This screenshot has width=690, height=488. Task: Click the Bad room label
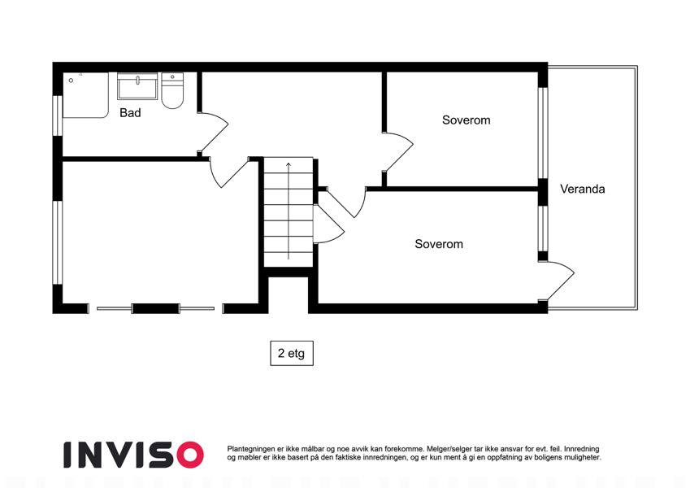click(x=130, y=113)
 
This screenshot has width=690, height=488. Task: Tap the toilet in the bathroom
click(x=172, y=91)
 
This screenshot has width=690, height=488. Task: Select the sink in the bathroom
click(x=137, y=86)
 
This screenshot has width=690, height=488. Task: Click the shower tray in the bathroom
click(x=85, y=95)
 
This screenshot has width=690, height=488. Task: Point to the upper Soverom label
click(x=466, y=120)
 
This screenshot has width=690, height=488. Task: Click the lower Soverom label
click(x=439, y=244)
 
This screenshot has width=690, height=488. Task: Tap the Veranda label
click(x=582, y=189)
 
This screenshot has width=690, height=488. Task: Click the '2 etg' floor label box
click(x=291, y=353)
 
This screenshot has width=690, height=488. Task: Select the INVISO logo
click(x=134, y=455)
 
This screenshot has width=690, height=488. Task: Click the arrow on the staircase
click(x=289, y=211)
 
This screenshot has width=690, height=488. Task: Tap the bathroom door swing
click(x=214, y=133)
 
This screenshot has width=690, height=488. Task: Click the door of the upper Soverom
click(x=398, y=151)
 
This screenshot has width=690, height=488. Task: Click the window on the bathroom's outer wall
click(x=58, y=115)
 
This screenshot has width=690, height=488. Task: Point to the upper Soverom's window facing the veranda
click(x=543, y=133)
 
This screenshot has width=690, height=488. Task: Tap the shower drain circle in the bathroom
click(x=71, y=81)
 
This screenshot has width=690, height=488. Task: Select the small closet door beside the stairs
click(x=328, y=224)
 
